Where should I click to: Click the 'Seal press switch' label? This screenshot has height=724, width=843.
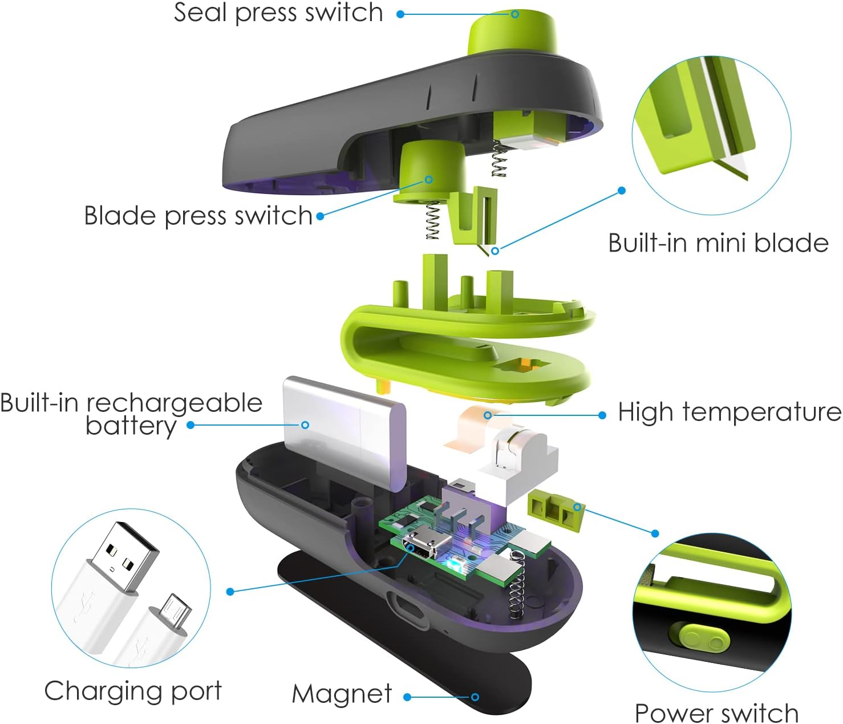tap(278, 13)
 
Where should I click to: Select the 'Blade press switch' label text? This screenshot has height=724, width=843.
tap(198, 216)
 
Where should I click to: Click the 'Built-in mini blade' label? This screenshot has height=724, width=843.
tap(718, 244)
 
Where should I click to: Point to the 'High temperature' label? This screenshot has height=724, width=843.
tap(729, 411)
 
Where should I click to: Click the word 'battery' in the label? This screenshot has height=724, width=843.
tap(131, 427)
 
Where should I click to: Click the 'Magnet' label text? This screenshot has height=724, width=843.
tap(342, 694)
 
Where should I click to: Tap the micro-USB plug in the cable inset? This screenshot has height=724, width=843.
tap(174, 611)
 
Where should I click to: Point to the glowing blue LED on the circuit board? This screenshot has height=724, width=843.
tap(452, 564)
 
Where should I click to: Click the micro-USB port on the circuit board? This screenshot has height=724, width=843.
tap(424, 547)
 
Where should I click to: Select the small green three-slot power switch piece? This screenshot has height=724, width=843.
tap(556, 511)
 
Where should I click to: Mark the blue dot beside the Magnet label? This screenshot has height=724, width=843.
tap(407, 697)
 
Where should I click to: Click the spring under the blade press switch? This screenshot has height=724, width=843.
tap(433, 221)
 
